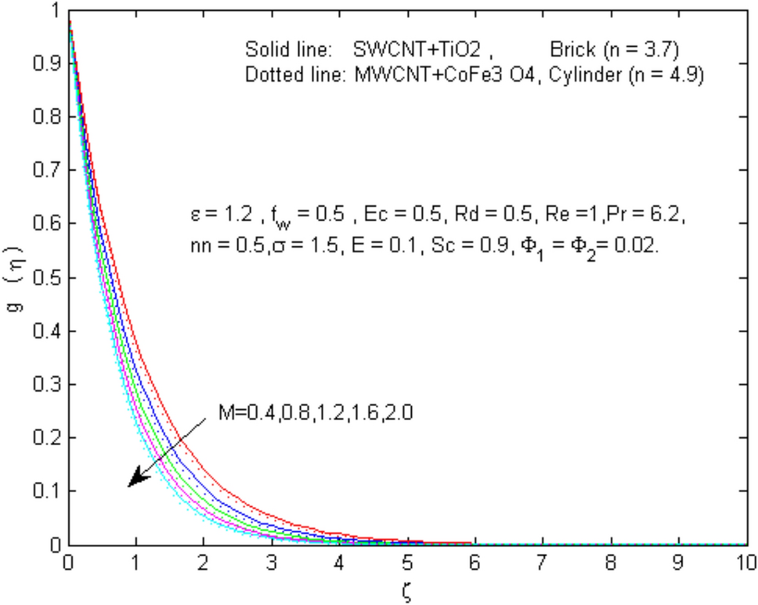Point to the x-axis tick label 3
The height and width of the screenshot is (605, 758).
coord(272,562)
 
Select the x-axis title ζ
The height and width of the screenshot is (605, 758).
coord(406,590)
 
